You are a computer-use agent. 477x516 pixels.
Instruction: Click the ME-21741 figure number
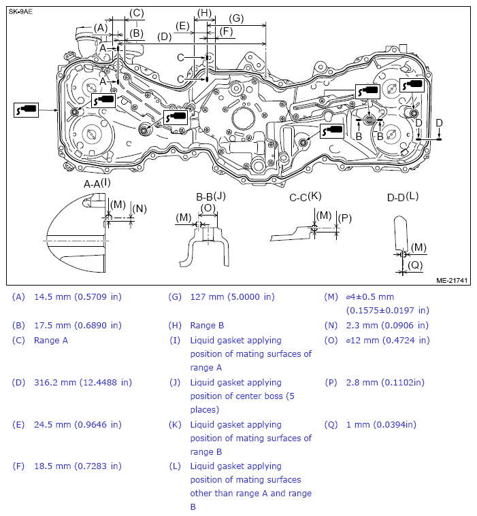[x=451, y=279]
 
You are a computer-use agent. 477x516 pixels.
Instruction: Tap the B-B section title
[x=204, y=197]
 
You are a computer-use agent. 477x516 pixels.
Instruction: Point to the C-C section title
[x=299, y=196]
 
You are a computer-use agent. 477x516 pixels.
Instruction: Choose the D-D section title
[x=396, y=197]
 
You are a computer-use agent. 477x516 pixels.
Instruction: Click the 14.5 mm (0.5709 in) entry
[x=77, y=296]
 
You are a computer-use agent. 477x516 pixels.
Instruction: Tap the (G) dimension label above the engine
[x=236, y=18]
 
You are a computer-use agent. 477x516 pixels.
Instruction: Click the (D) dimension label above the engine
[x=164, y=37]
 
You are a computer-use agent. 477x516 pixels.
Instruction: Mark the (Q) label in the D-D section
[x=416, y=264]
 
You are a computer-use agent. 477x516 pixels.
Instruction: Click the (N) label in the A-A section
[x=139, y=209]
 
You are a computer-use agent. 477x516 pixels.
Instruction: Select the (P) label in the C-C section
[x=345, y=218]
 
